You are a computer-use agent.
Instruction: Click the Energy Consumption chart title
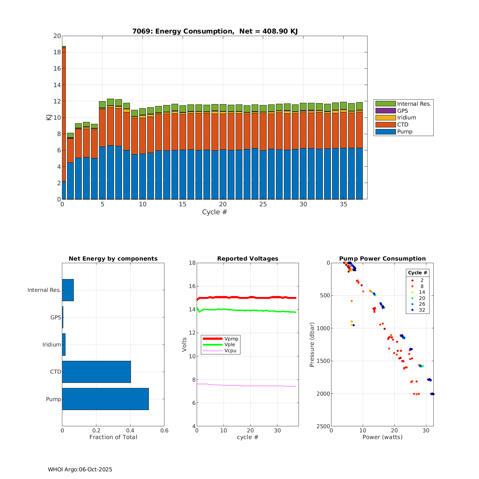[x=215, y=31]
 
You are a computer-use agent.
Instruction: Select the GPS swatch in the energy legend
[x=385, y=111]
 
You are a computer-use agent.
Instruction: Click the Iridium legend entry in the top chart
[x=407, y=118]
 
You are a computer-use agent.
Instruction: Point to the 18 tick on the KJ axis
[x=57, y=52]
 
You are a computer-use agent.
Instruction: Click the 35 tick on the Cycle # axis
[x=343, y=204]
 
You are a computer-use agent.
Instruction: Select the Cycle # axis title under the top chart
[x=215, y=212]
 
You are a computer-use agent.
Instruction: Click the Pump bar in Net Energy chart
[x=105, y=399]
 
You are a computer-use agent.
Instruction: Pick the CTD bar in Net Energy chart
[x=96, y=372]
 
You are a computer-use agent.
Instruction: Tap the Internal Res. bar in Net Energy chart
[x=68, y=290]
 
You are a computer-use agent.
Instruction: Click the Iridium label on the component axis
[x=52, y=345]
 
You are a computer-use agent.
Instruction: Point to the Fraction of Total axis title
[x=113, y=437]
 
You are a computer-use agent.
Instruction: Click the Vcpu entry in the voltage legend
[x=230, y=351]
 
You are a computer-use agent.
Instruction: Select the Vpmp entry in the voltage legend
[x=231, y=338]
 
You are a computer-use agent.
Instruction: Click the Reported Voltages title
[x=248, y=259]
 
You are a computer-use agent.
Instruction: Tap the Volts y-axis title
[x=184, y=345]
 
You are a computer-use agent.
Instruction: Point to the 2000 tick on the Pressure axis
[x=323, y=394]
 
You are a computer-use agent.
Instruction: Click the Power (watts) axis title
[x=382, y=437]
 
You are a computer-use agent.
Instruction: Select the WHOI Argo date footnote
[x=80, y=469]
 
